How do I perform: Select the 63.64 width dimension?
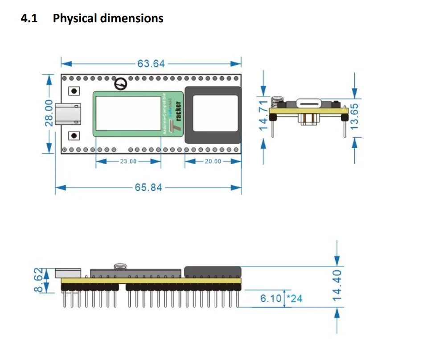point(151,63)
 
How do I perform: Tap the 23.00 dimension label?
point(128,161)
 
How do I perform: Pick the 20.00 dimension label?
point(213,161)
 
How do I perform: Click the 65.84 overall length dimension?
point(148,187)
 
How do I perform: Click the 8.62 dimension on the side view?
point(39,280)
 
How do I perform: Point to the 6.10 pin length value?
point(271,298)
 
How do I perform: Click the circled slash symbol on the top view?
point(121,84)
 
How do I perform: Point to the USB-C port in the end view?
point(310,103)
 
